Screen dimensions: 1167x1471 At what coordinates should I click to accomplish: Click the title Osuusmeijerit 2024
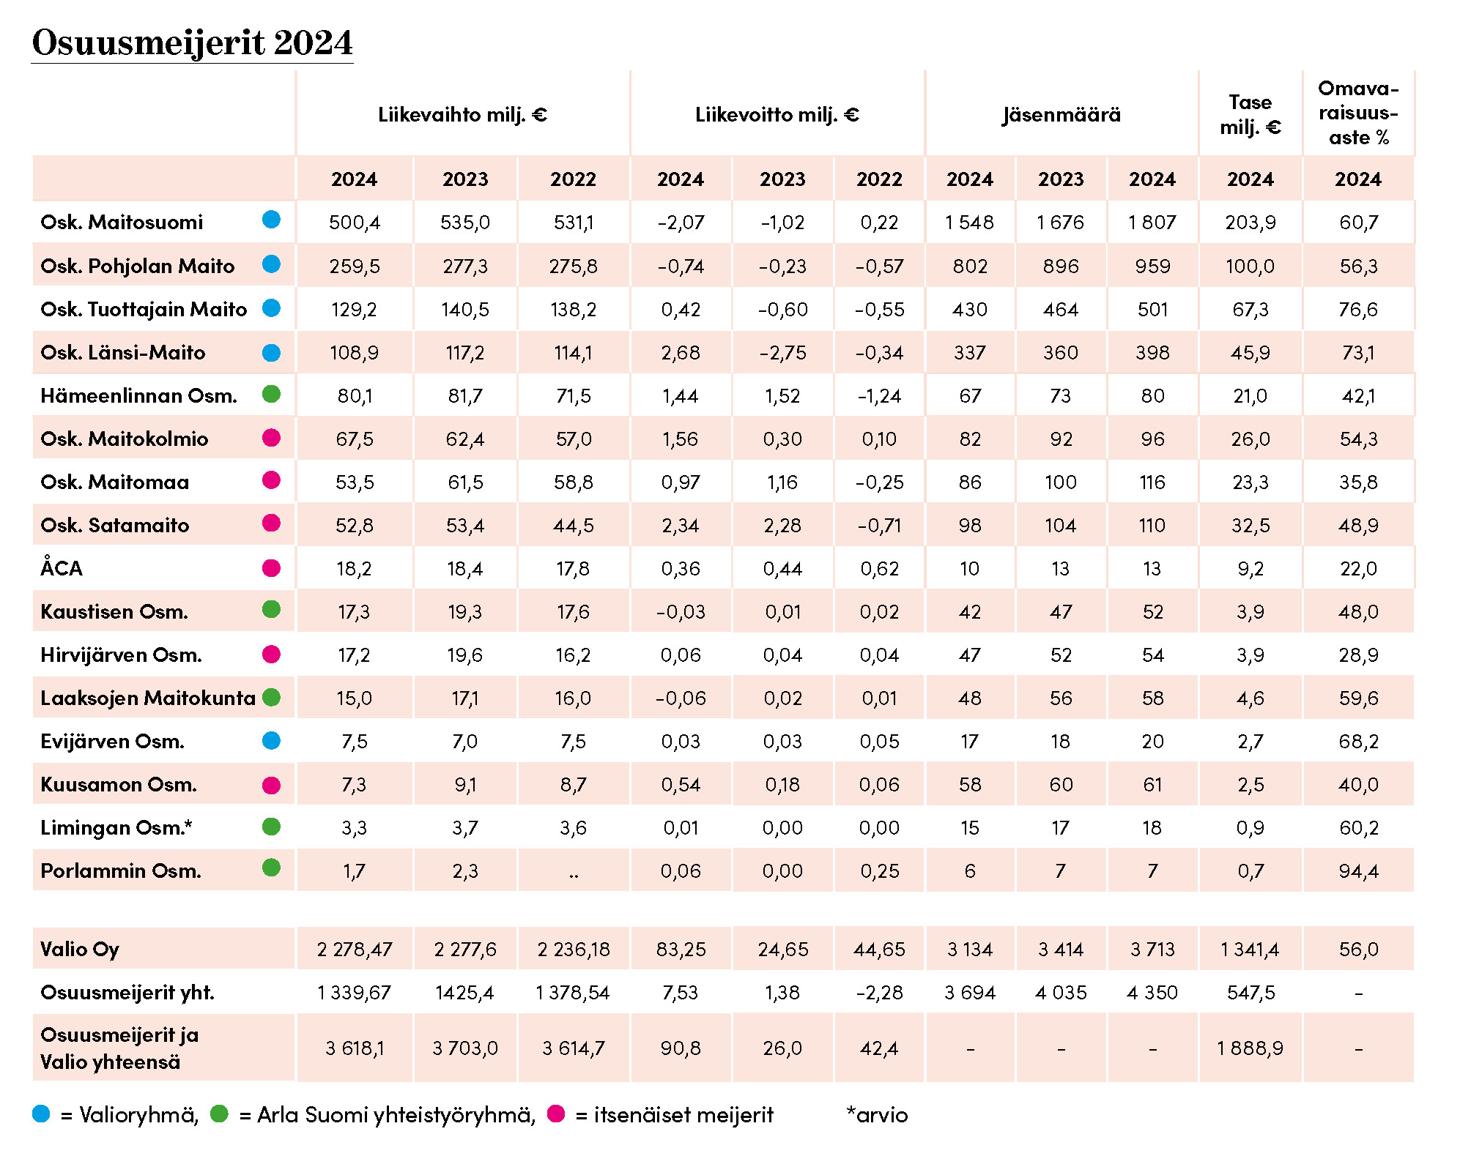pyautogui.click(x=192, y=42)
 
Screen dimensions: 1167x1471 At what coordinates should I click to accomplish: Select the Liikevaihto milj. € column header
pyautogui.click(x=462, y=115)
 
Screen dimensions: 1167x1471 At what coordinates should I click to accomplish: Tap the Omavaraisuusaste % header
pyautogui.click(x=1358, y=113)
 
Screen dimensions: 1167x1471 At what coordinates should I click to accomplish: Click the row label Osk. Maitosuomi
pyautogui.click(x=122, y=222)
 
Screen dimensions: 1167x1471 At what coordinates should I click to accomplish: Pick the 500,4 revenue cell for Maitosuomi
pyautogui.click(x=355, y=222)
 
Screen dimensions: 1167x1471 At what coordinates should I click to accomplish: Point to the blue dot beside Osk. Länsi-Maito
pyautogui.click(x=271, y=353)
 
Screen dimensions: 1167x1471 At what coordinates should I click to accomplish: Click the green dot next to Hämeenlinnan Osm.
pyautogui.click(x=271, y=395)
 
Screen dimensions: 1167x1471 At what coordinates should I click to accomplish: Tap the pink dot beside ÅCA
pyautogui.click(x=271, y=568)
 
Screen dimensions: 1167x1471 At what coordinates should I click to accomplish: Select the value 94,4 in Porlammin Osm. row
pyautogui.click(x=1358, y=870)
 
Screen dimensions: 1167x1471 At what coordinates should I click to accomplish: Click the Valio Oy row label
pyautogui.click(x=80, y=949)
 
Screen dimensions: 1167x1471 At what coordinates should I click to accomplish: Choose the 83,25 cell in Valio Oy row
pyautogui.click(x=681, y=949)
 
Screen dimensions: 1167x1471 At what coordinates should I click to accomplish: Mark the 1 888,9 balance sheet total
pyautogui.click(x=1250, y=1048)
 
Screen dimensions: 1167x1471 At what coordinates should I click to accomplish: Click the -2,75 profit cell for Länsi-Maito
pyautogui.click(x=782, y=353)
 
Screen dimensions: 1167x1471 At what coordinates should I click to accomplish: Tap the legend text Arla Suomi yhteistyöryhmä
pyautogui.click(x=396, y=1114)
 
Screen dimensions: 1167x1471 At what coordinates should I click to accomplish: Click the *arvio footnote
pyautogui.click(x=877, y=1114)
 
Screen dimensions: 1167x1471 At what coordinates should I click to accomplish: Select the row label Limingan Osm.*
pyautogui.click(x=116, y=827)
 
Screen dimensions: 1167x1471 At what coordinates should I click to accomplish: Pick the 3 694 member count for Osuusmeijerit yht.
pyautogui.click(x=969, y=992)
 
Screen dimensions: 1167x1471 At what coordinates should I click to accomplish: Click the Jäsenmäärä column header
pyautogui.click(x=1061, y=115)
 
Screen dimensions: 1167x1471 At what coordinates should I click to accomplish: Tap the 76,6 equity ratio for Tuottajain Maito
pyautogui.click(x=1358, y=309)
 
